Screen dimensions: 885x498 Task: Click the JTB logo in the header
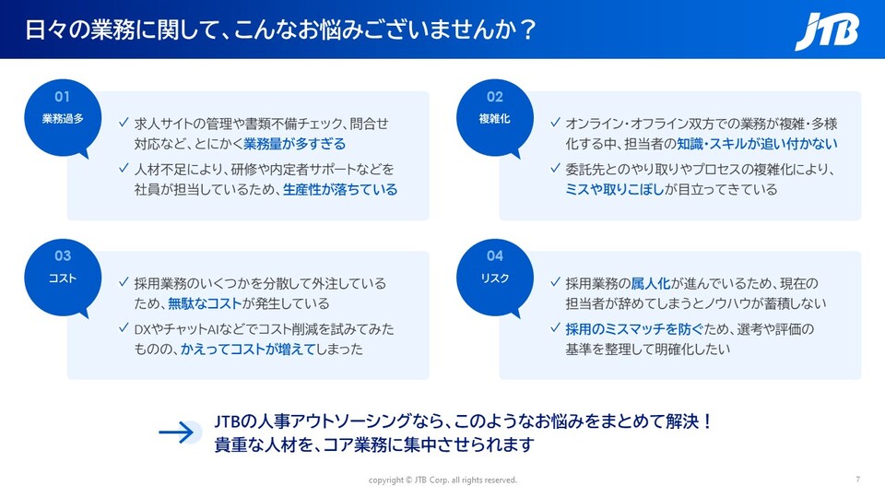[x=827, y=31]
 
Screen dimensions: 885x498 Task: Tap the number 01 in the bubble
[x=62, y=97]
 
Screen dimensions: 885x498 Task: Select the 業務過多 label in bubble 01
[x=63, y=119]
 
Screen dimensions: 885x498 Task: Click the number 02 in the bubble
[x=494, y=97]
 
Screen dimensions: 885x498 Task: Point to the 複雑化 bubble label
[x=494, y=119]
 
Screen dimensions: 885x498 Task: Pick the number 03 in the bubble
[x=63, y=255]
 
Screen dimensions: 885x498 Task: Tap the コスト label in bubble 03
[x=63, y=279]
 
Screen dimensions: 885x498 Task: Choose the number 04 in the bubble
[x=494, y=255]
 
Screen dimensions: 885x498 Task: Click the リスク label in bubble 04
[x=494, y=279]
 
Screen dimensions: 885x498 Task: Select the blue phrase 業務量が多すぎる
[x=294, y=144]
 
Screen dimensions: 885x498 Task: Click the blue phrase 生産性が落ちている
[x=340, y=190]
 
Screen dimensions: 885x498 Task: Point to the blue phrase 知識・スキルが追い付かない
[x=757, y=144]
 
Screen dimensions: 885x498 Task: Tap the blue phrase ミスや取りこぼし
[x=615, y=190]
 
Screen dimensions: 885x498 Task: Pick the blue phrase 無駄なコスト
[x=205, y=303]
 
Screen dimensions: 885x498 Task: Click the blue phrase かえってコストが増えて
[x=248, y=350]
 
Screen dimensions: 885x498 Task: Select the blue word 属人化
[x=650, y=283]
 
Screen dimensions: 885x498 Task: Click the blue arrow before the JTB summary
[x=177, y=433]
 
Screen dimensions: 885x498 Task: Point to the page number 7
[x=858, y=480]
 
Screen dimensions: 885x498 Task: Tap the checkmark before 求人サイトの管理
[x=124, y=122]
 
